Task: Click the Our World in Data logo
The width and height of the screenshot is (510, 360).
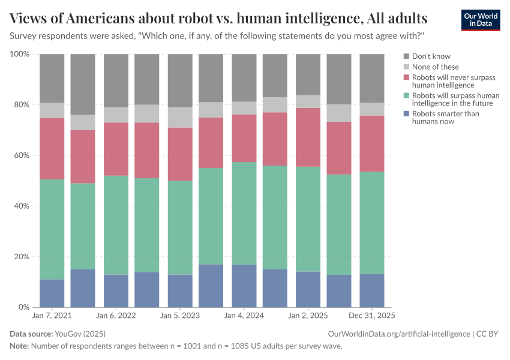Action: click(480, 20)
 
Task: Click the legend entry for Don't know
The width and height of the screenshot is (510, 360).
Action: click(431, 57)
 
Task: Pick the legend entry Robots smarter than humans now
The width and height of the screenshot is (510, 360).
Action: click(437, 117)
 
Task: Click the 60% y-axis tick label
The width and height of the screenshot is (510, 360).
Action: click(20, 155)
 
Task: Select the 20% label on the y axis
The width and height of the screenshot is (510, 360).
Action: click(20, 257)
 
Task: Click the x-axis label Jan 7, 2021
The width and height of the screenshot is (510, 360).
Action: click(52, 315)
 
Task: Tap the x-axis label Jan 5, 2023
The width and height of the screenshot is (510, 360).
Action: click(180, 315)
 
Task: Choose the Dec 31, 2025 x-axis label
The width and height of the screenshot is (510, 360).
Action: click(372, 315)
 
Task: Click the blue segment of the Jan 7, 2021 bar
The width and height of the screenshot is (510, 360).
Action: click(52, 293)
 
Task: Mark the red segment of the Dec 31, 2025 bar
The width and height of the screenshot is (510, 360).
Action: click(372, 143)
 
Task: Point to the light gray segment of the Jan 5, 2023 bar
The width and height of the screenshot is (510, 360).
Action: click(180, 118)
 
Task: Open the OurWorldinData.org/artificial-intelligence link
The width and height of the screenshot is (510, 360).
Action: click(398, 334)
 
